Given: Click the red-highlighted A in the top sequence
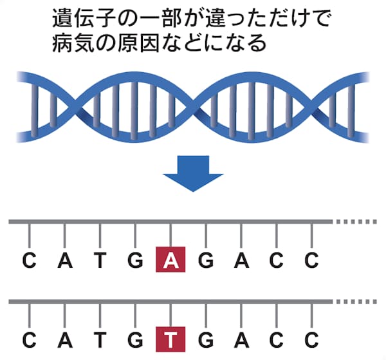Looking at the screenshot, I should (170, 261).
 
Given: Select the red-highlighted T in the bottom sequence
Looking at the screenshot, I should (170, 338).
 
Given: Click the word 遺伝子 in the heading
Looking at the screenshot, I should (81, 19).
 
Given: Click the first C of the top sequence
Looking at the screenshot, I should (29, 261).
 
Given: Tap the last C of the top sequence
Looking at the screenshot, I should (312, 261).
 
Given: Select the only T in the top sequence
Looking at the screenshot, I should (100, 261).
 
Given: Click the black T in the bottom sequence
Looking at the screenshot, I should (100, 338).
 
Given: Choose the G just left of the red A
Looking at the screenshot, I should (135, 261).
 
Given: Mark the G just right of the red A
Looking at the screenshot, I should (206, 261).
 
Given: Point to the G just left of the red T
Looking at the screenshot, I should (135, 338).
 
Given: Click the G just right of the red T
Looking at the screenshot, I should (206, 338).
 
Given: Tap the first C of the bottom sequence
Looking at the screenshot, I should (29, 338).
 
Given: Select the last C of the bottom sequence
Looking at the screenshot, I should (312, 338).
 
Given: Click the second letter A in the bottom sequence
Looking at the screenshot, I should (241, 338).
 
